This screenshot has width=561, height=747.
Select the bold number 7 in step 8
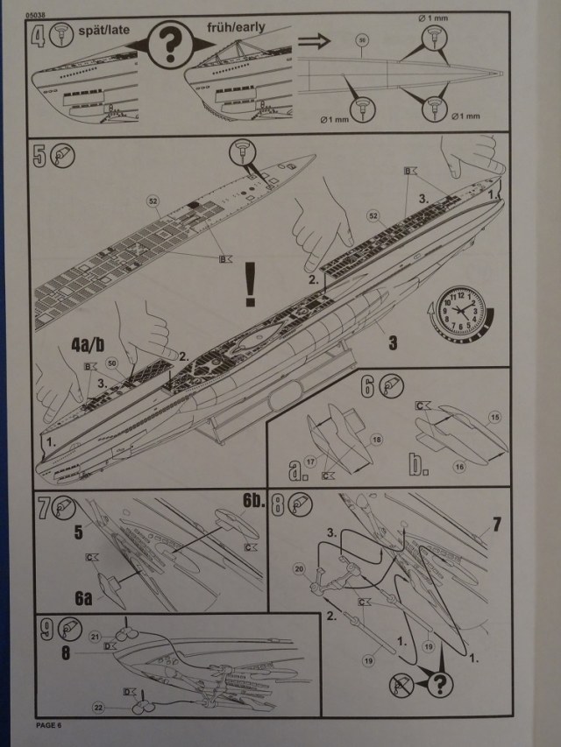pyautogui.click(x=495, y=524)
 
